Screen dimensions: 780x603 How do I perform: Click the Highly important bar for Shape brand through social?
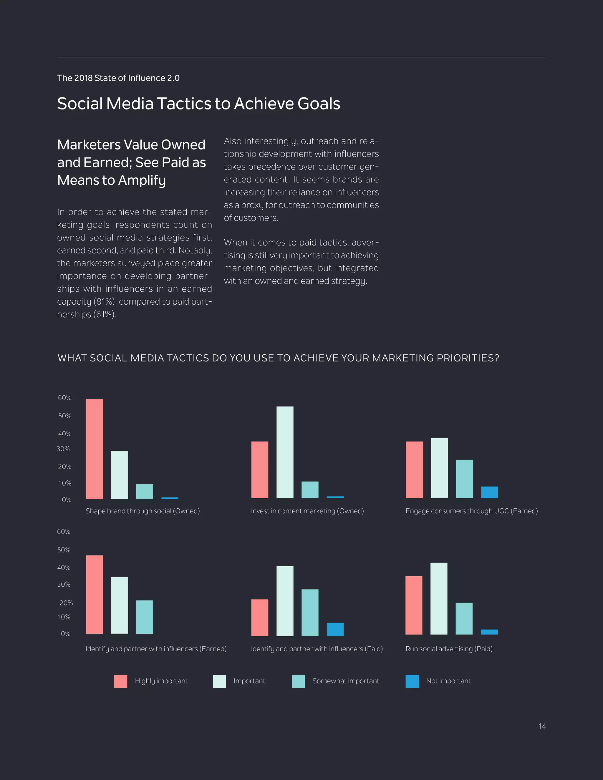point(94,449)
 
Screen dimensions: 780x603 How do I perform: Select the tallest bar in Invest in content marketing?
point(285,452)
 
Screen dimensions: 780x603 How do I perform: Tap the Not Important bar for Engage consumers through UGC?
point(489,492)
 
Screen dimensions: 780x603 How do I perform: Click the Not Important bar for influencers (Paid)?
point(335,629)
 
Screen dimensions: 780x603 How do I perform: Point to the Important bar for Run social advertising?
point(439,599)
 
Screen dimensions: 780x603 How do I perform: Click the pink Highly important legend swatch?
point(121,681)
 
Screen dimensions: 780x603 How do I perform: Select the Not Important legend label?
point(448,681)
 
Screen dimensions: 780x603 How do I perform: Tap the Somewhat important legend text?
point(345,681)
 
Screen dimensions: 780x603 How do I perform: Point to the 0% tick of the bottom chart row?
point(65,634)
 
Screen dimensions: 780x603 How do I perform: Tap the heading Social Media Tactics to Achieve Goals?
point(199,104)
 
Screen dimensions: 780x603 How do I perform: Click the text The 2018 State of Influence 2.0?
point(118,78)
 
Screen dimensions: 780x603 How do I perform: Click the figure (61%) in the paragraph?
point(105,315)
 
